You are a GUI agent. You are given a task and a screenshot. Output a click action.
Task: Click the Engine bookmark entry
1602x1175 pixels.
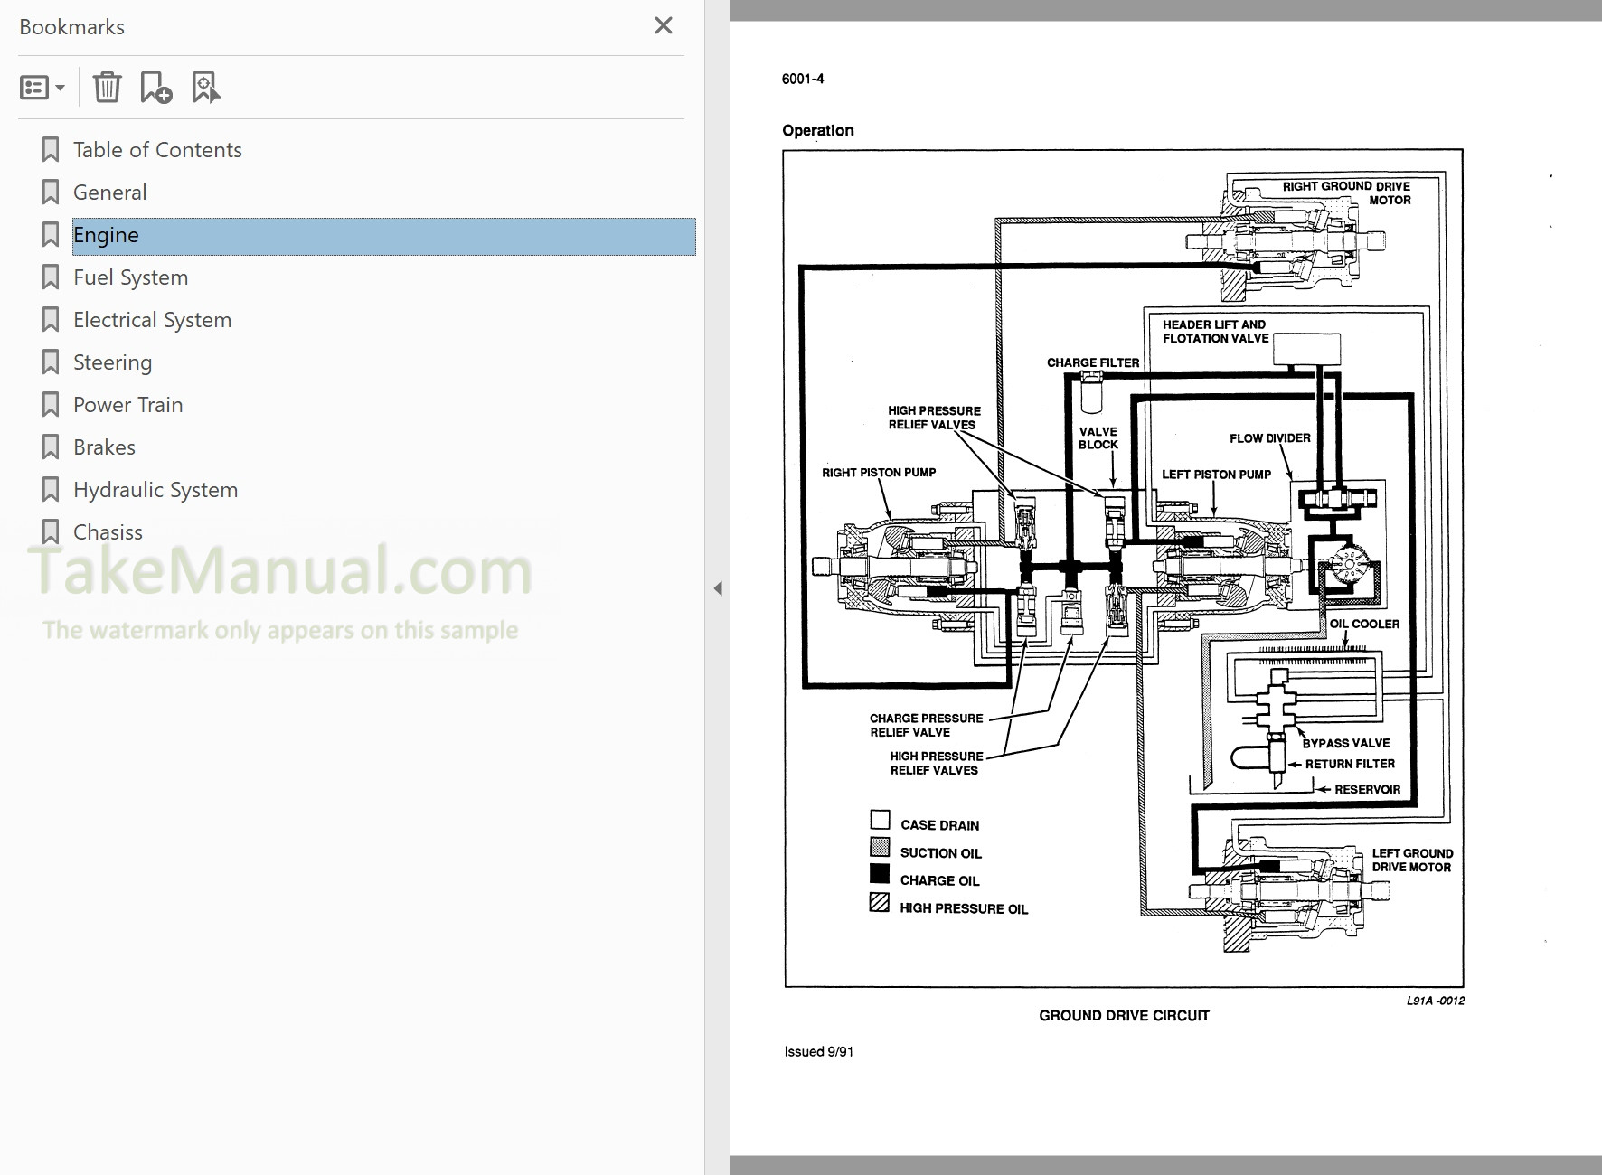[106, 236]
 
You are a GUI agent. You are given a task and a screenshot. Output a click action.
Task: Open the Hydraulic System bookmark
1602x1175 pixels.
[155, 490]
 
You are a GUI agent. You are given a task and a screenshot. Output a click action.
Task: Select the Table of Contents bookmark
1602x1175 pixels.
[156, 150]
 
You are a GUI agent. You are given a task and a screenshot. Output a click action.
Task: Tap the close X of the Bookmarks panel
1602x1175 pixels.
[663, 26]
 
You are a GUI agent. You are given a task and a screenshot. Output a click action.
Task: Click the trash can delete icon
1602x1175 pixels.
[107, 88]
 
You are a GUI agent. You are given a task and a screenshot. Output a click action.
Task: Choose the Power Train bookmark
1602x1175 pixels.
[127, 405]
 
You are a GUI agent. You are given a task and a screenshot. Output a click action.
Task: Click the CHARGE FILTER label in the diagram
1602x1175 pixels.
[1092, 362]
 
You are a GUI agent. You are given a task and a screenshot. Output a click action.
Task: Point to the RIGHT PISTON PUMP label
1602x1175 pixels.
[878, 473]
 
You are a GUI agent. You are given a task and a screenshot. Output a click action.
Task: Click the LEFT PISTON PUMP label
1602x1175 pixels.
[1215, 475]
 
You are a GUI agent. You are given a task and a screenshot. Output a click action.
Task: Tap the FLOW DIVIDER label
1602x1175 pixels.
[1269, 438]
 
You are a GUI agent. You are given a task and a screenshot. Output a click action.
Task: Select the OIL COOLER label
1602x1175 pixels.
[1363, 625]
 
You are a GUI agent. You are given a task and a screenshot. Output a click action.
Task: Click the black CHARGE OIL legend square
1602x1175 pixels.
[880, 874]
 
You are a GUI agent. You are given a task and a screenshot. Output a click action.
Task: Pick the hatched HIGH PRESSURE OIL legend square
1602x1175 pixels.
[880, 902]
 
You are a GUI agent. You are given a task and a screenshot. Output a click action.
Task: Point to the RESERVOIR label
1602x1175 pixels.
[1367, 790]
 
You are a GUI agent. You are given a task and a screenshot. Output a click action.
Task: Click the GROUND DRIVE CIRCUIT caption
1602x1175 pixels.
[1123, 1016]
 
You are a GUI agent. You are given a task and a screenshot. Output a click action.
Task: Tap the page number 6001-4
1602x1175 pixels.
[803, 80]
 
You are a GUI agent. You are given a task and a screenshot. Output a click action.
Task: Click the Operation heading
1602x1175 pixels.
[817, 131]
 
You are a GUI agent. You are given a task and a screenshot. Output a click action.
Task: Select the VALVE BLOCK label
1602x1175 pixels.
[1098, 438]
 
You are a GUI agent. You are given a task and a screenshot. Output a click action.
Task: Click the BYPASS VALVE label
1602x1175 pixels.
[1345, 744]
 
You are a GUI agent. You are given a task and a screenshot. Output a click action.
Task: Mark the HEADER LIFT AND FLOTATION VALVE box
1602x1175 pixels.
[1306, 349]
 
